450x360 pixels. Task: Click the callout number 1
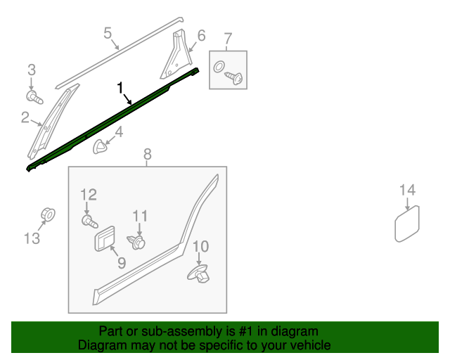click(120, 88)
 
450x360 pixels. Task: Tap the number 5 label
click(108, 33)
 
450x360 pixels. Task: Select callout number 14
click(408, 190)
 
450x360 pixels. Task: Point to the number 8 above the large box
click(147, 154)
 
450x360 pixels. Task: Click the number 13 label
click(32, 238)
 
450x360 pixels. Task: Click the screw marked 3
click(34, 97)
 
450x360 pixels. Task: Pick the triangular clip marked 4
click(100, 146)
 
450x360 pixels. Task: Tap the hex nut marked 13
click(48, 214)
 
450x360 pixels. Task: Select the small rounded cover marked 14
click(407, 224)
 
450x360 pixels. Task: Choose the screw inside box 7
click(234, 78)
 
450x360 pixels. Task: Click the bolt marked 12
click(89, 221)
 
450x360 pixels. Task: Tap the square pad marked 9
click(105, 238)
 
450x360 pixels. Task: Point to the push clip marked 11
click(136, 242)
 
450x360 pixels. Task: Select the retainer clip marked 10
click(198, 274)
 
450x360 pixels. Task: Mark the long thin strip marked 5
click(120, 53)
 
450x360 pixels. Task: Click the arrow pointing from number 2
click(36, 123)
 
